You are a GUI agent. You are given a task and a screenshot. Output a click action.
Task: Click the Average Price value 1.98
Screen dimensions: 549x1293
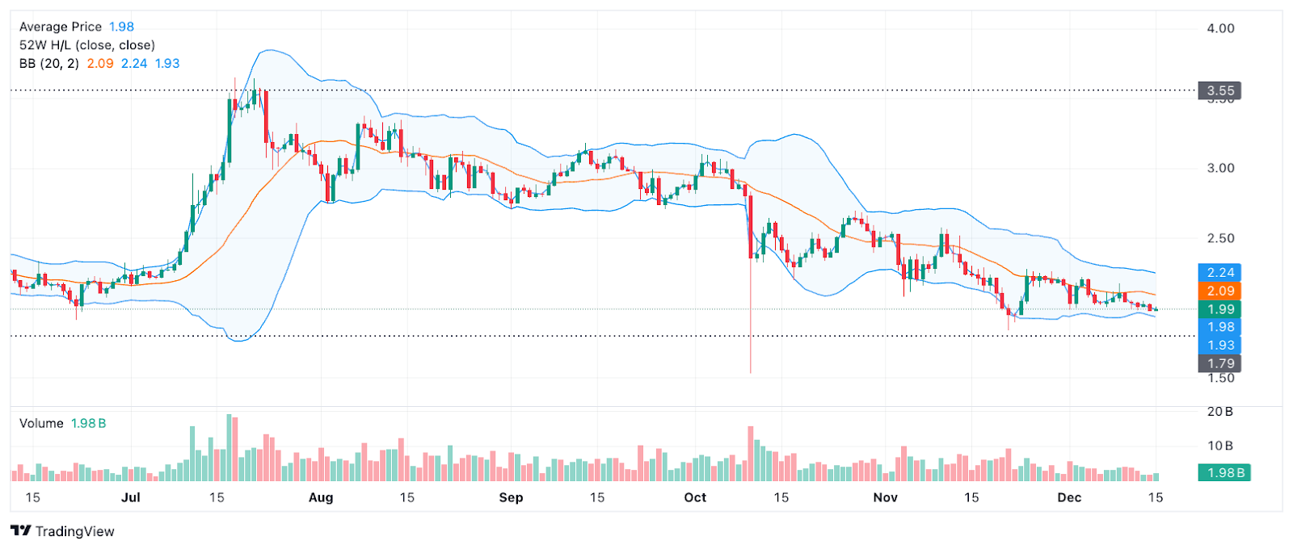(x=121, y=27)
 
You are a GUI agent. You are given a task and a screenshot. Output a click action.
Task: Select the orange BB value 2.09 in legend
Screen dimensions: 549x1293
(x=100, y=63)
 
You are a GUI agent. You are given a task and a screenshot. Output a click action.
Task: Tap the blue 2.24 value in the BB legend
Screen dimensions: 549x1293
(x=134, y=63)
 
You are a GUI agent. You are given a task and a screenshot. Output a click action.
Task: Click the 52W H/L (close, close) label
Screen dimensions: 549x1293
(x=86, y=45)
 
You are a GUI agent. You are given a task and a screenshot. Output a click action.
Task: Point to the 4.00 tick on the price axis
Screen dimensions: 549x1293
(x=1220, y=28)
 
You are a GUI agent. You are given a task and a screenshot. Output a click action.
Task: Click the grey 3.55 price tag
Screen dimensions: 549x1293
(x=1219, y=90)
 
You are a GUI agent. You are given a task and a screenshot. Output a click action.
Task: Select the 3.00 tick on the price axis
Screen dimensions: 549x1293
(x=1220, y=168)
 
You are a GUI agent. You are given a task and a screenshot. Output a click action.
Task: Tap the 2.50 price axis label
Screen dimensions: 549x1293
(x=1220, y=238)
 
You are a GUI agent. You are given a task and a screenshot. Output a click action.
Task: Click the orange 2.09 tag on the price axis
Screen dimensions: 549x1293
(x=1219, y=291)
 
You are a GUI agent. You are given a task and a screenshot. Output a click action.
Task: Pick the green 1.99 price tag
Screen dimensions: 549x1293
(x=1219, y=309)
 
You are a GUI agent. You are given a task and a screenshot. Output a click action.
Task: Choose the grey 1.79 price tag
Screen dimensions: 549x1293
(x=1219, y=363)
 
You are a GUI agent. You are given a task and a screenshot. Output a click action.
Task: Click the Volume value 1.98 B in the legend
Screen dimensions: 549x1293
(x=88, y=423)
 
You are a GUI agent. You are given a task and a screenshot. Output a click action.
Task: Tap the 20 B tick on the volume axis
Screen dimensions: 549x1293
(x=1219, y=412)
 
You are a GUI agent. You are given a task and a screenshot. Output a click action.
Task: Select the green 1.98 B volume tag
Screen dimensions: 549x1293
(x=1224, y=473)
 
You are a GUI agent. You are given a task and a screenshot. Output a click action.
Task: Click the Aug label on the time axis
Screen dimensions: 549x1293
(x=321, y=497)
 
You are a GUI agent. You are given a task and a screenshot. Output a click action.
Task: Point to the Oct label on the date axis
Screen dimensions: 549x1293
(x=695, y=497)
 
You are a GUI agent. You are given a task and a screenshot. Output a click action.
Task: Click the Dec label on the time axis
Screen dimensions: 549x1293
(x=1069, y=497)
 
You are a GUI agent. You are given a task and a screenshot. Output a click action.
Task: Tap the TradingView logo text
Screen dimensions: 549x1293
(x=74, y=531)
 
